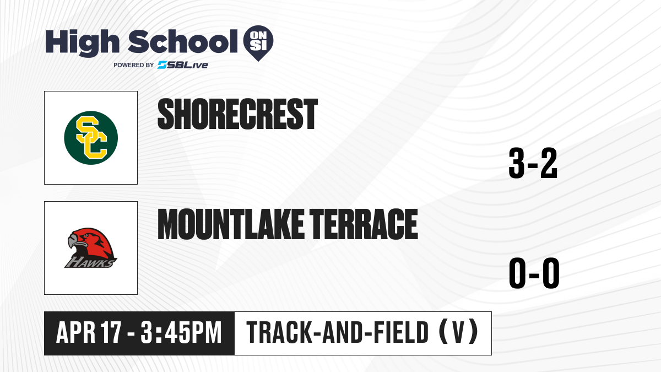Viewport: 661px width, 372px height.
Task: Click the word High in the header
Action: [x=82, y=43]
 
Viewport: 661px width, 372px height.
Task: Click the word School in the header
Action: [x=183, y=41]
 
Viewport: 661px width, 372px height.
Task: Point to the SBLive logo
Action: [x=183, y=65]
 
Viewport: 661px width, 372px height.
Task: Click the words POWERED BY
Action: [x=134, y=65]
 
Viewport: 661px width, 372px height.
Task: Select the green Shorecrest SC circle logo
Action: [x=91, y=138]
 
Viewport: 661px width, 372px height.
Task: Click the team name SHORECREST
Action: [x=237, y=114]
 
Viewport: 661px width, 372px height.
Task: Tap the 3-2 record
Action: [x=533, y=163]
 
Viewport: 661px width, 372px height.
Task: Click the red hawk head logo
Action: [x=91, y=247]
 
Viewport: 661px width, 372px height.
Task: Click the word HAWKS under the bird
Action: [x=90, y=262]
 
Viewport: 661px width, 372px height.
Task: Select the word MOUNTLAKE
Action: [x=230, y=224]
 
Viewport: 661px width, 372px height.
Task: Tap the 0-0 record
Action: [x=534, y=273]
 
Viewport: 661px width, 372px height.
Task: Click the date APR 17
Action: [x=89, y=333]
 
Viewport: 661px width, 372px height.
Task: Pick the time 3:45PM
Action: [x=181, y=333]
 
